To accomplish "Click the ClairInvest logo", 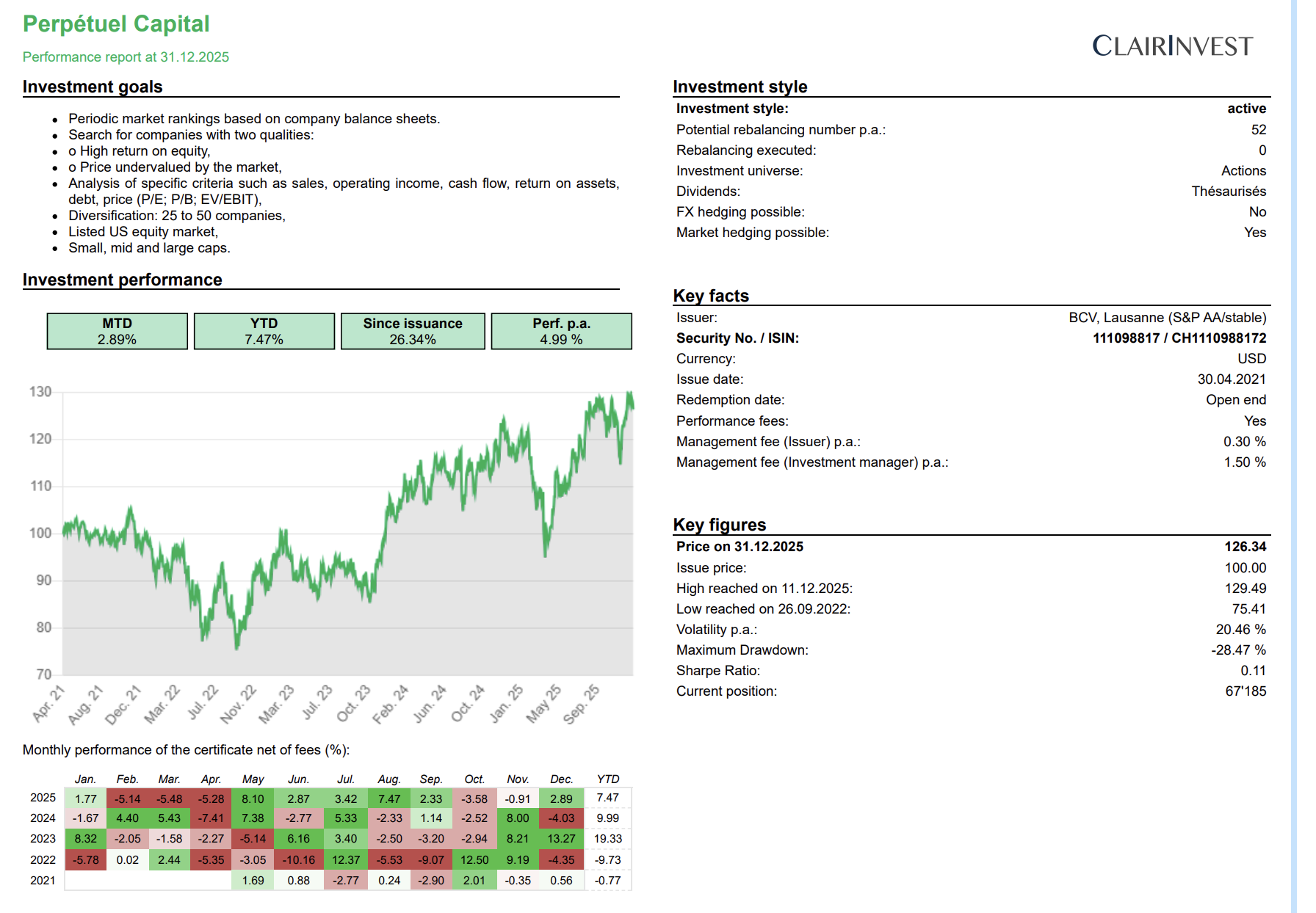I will pos(1172,46).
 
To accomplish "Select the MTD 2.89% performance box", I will pos(117,332).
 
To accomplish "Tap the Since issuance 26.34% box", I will pos(413,332).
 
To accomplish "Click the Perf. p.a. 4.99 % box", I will pos(561,332).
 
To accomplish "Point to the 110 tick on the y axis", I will pos(40,486).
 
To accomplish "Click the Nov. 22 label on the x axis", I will pos(239,704).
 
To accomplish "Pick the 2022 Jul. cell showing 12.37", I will pos(346,859).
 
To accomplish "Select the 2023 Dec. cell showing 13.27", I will pos(561,839).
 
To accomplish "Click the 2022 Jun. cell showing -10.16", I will pos(299,859).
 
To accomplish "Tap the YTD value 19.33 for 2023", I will pos(607,839).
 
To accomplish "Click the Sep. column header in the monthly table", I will pos(431,779).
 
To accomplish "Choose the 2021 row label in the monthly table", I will pos(43,880).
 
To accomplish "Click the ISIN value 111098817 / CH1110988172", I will pos(1179,338).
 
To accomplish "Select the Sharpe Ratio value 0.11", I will pos(1253,671).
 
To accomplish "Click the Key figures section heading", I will pos(719,525).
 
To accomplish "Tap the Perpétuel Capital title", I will pos(116,24).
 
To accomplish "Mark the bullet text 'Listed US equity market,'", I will pos(143,232).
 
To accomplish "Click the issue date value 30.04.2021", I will pos(1232,379).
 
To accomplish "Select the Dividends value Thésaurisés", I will pos(1228,192).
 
